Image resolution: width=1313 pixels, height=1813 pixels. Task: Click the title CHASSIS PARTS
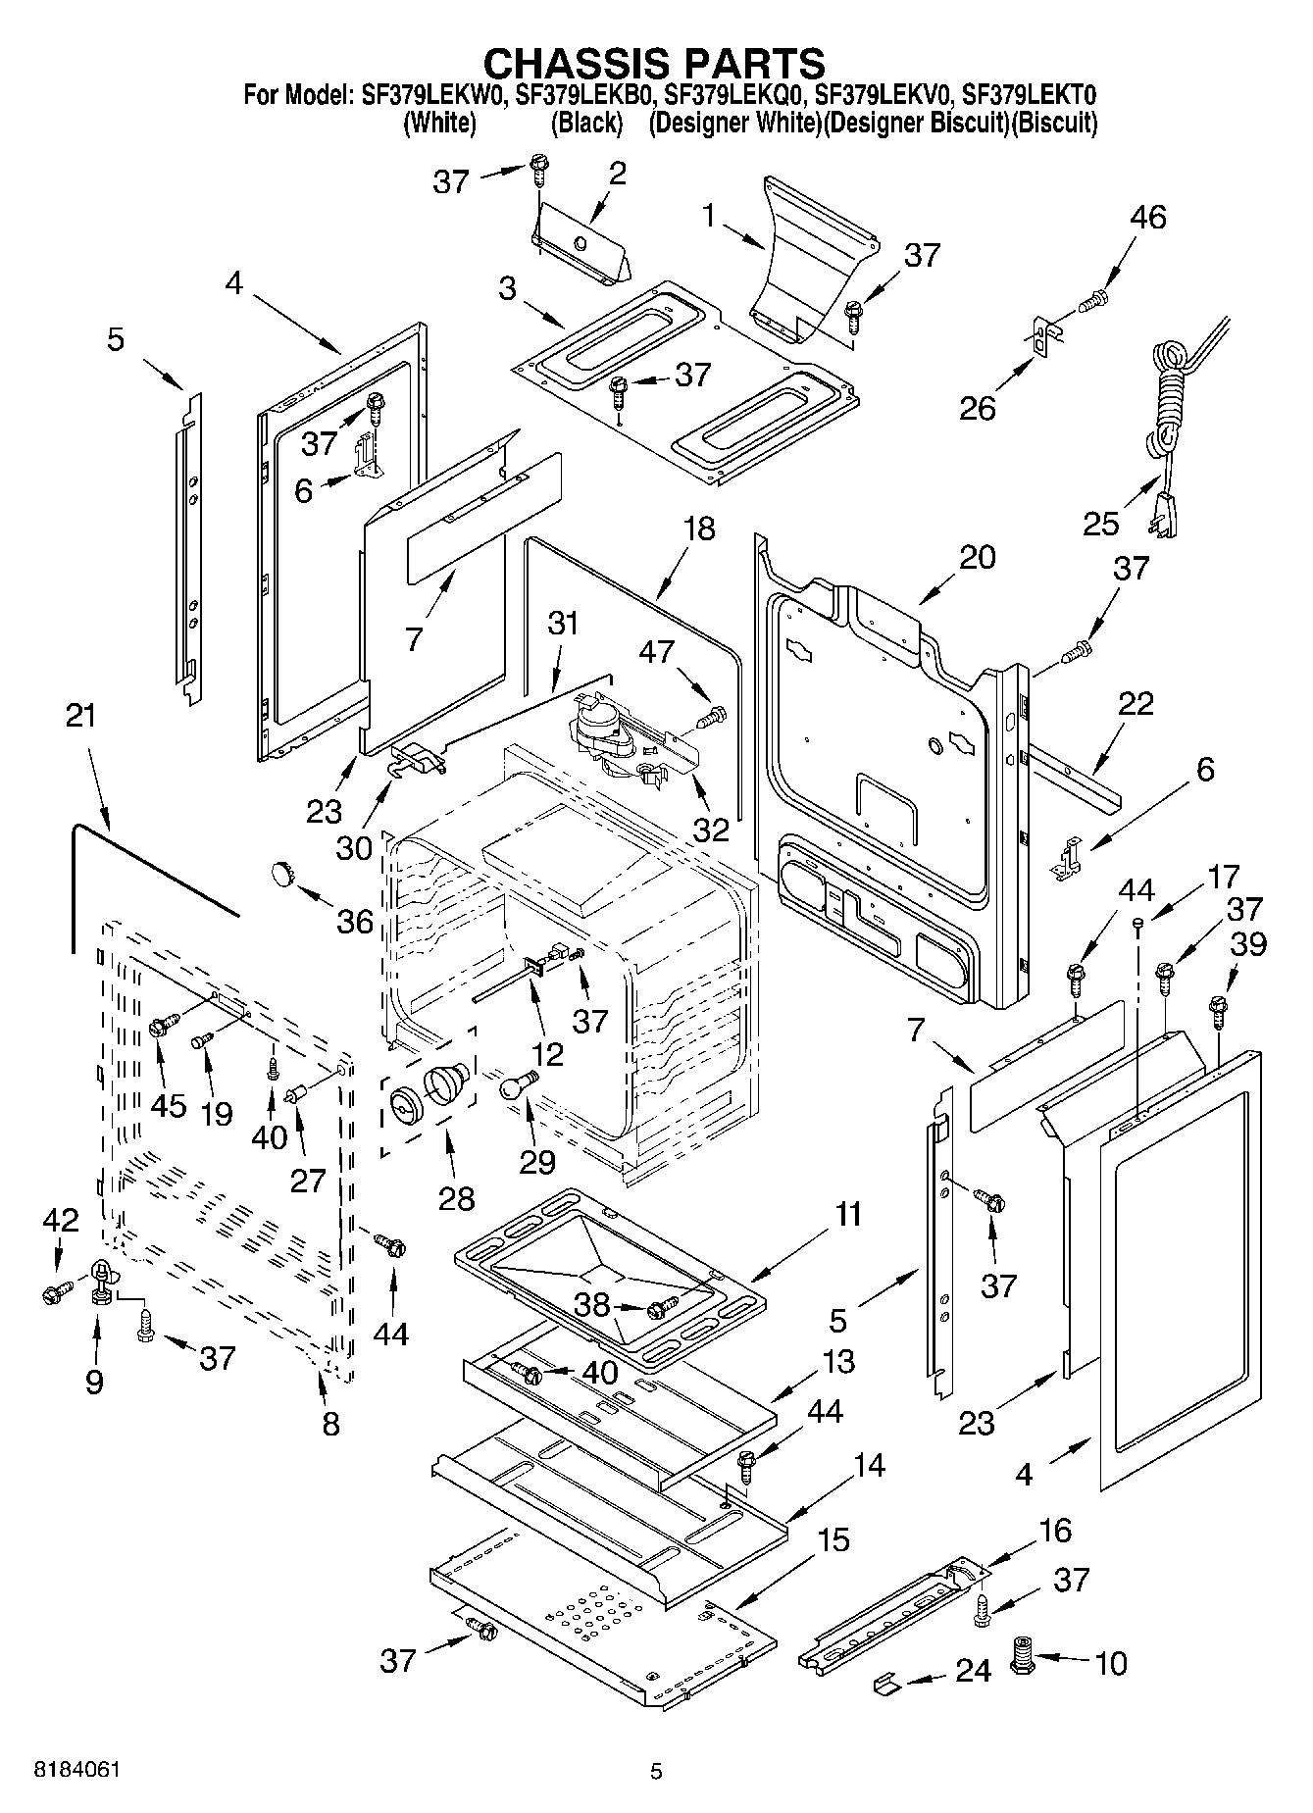655,63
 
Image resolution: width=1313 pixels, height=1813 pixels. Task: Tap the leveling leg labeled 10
1024,1660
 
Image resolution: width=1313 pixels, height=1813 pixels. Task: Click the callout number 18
699,529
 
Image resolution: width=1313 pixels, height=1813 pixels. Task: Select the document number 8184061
77,1770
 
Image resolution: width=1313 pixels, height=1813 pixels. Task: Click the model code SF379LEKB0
585,95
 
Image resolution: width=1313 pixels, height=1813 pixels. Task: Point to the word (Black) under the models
586,124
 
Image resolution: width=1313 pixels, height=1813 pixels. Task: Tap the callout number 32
711,830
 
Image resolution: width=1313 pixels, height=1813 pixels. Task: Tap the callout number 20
977,556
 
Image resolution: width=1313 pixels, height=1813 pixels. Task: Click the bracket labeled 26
1042,340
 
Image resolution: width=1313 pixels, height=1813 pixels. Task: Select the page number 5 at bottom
656,1770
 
